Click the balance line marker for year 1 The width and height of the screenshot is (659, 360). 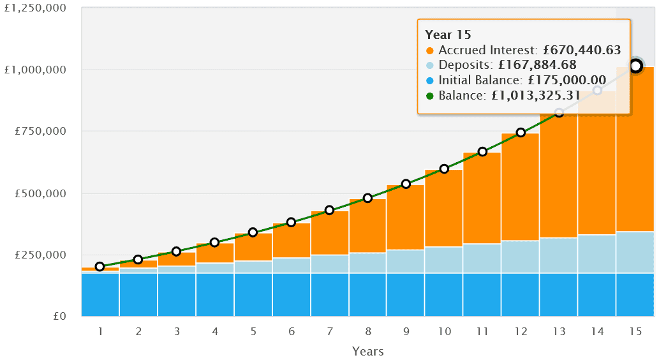[x=100, y=267]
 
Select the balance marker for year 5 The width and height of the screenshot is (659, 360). [x=253, y=232]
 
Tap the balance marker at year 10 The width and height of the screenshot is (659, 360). [x=444, y=169]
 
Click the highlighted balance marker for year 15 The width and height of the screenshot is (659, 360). [x=635, y=66]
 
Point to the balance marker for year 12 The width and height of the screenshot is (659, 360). [x=521, y=133]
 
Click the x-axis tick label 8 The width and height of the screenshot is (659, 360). [x=367, y=332]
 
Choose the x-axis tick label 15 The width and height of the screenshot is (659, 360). [x=635, y=332]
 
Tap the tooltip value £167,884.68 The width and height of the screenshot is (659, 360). [x=537, y=65]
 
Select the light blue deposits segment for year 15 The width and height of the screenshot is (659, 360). [x=635, y=252]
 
